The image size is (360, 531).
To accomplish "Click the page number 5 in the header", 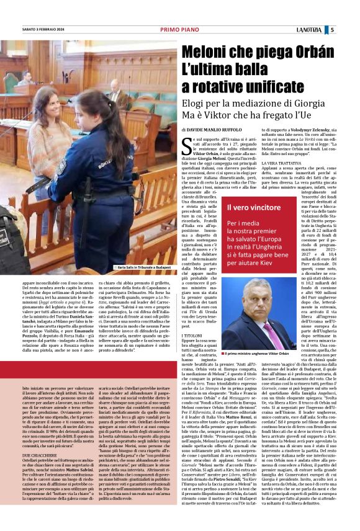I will [x=350, y=29].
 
